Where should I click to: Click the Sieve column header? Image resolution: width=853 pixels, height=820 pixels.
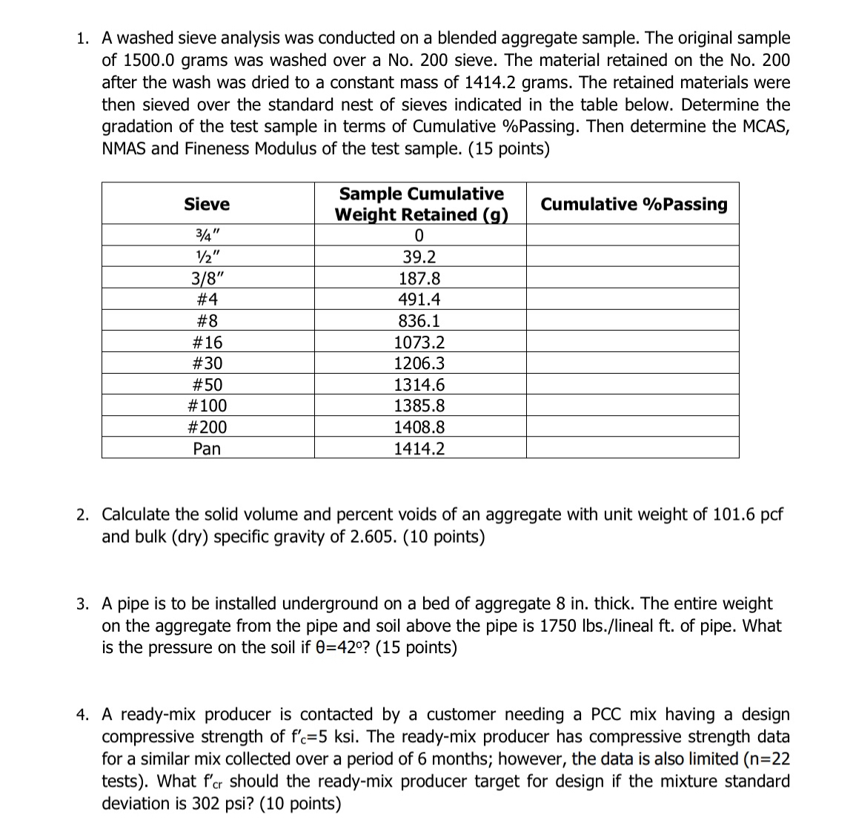pos(207,204)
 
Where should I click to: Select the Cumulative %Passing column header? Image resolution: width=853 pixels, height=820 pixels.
pos(634,204)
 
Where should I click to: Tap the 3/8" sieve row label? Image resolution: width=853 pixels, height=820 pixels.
pos(207,279)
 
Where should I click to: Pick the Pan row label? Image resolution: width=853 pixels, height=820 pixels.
pos(207,449)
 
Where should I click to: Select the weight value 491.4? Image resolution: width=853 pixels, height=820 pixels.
pos(419,300)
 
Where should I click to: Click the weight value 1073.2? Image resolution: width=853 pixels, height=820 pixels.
pos(419,343)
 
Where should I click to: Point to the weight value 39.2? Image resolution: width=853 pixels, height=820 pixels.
pos(419,257)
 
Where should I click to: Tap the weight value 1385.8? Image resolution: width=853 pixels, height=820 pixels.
pos(419,406)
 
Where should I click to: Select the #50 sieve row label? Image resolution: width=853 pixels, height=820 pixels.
pos(207,385)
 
